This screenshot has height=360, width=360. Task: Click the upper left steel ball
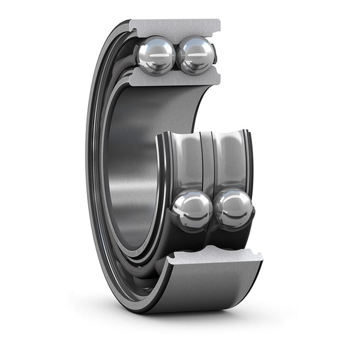(155, 55)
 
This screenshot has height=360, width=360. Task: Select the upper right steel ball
(196, 55)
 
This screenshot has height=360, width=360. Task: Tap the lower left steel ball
(192, 209)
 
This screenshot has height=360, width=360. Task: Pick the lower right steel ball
(233, 209)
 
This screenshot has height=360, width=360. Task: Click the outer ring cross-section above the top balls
(174, 28)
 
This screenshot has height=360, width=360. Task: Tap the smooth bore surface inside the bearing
(129, 168)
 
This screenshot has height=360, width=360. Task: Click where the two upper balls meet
(176, 55)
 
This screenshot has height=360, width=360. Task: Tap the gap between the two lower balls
(213, 210)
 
